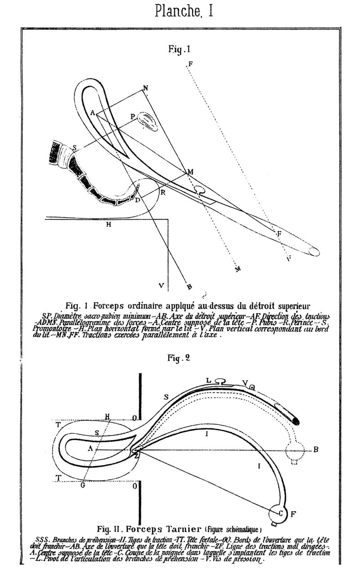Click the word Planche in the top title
[x=176, y=10]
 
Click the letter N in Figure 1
[x=145, y=88]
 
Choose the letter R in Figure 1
[x=163, y=192]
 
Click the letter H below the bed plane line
[x=108, y=224]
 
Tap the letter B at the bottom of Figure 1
[x=189, y=286]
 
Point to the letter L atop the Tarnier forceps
[x=208, y=381]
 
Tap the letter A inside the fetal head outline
[x=90, y=448]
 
